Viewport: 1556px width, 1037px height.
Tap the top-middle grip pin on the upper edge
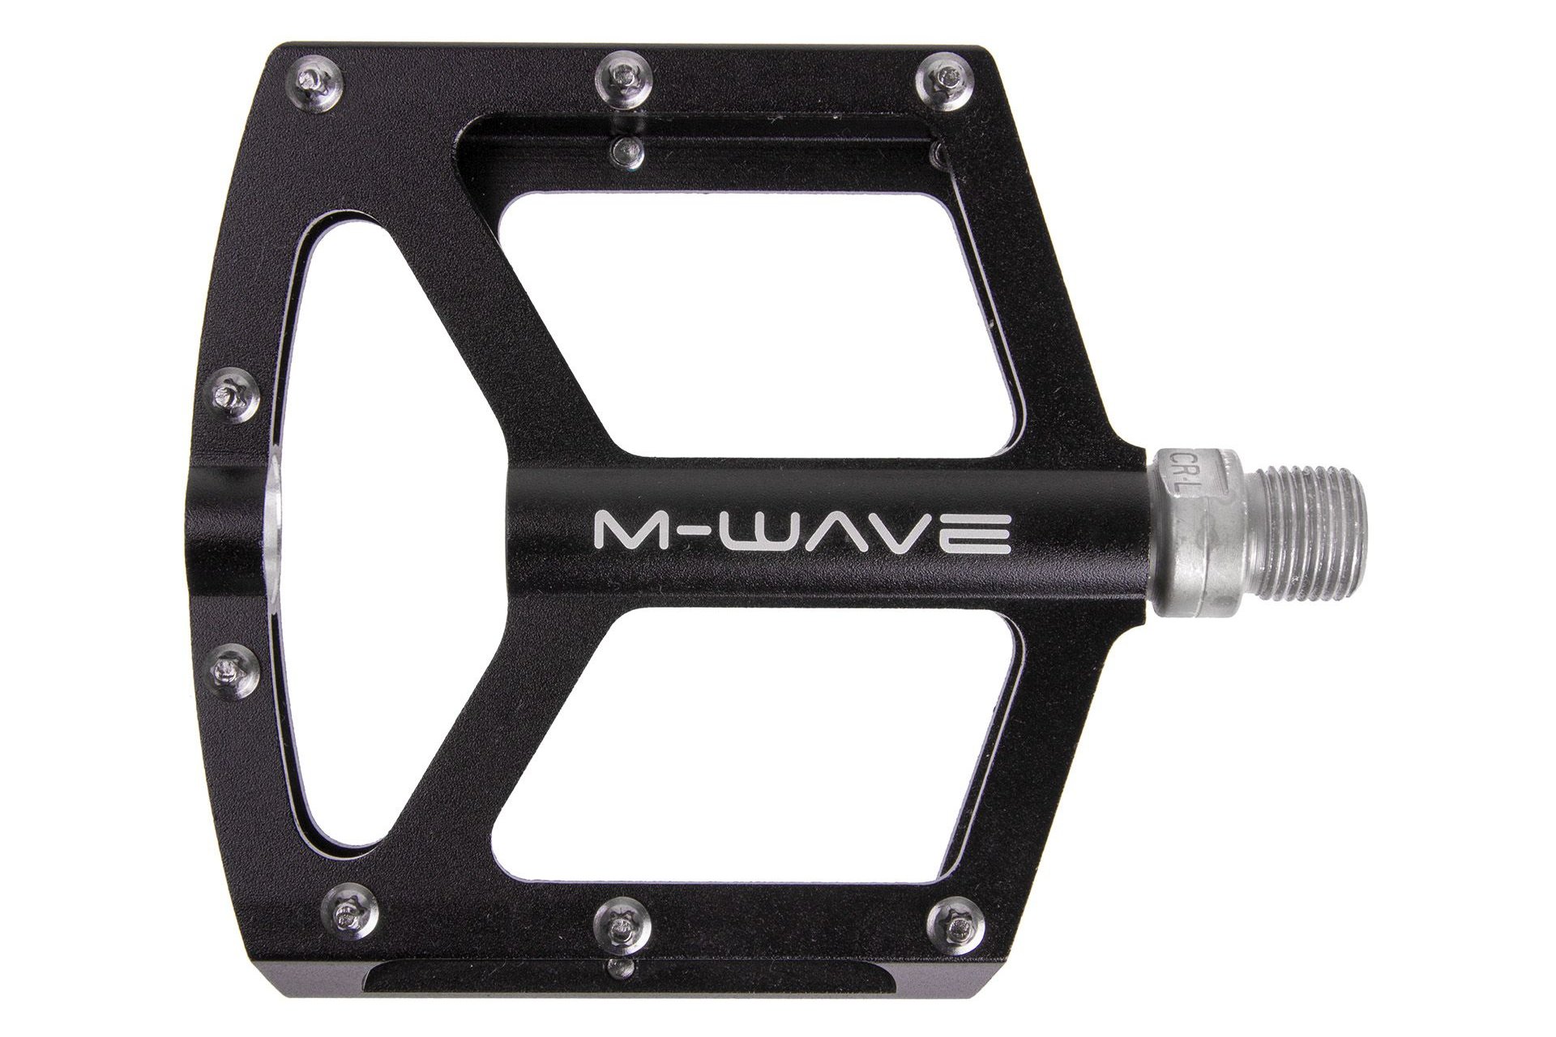coord(625,75)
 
